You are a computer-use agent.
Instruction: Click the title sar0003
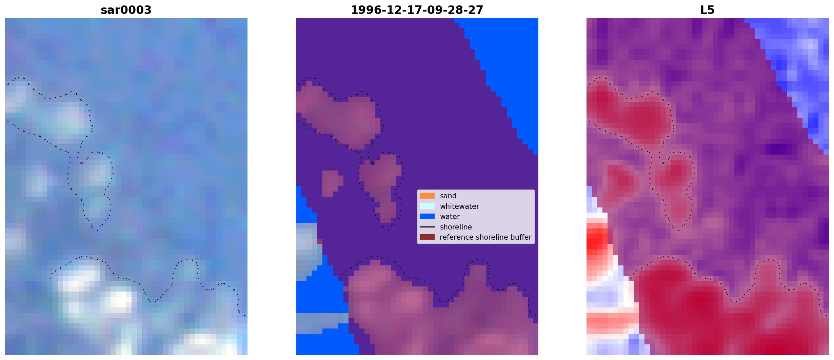click(x=126, y=10)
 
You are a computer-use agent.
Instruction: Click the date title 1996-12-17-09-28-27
click(x=417, y=10)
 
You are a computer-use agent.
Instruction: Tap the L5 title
click(x=708, y=10)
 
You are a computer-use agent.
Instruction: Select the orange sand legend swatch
click(x=427, y=196)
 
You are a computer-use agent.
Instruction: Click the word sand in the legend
click(x=448, y=196)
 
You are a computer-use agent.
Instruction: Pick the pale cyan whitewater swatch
click(x=427, y=206)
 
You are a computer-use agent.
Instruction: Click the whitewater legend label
click(x=459, y=206)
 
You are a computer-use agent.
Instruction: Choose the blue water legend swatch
click(x=427, y=216)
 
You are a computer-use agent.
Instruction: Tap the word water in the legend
click(x=450, y=217)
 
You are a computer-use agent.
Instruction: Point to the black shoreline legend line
click(x=427, y=227)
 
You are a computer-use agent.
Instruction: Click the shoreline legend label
click(x=456, y=227)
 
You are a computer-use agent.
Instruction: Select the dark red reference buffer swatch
click(x=427, y=237)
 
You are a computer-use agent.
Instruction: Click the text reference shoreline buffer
click(x=485, y=237)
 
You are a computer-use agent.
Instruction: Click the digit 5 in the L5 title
click(x=711, y=10)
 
